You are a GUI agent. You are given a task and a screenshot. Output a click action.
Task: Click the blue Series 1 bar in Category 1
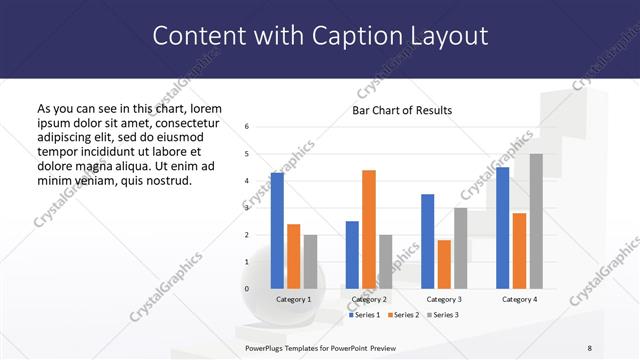point(277,230)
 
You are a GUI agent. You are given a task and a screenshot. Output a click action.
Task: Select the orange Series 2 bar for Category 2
point(369,229)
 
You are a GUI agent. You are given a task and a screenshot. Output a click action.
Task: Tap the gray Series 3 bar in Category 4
point(536,221)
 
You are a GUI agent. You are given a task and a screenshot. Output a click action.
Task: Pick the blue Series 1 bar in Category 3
point(427,241)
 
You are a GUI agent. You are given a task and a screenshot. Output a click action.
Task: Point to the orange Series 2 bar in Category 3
point(444,264)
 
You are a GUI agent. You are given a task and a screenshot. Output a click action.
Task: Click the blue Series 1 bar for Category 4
point(502,227)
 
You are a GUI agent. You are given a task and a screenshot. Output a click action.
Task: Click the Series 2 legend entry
point(403,315)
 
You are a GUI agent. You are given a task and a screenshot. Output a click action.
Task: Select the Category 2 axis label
point(369,299)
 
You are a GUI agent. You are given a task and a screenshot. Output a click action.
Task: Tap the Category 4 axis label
point(519,299)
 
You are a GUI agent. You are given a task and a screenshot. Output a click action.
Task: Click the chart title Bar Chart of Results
point(402,110)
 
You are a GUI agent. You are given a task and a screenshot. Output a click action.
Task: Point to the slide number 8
point(590,347)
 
